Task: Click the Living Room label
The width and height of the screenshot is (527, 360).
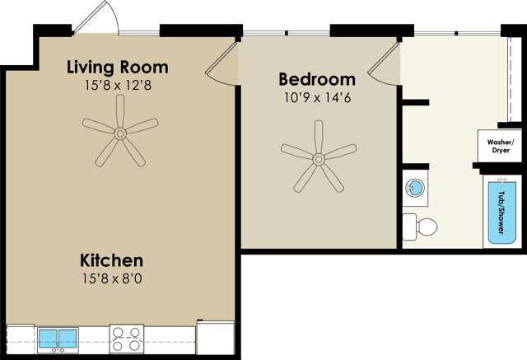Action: point(118,68)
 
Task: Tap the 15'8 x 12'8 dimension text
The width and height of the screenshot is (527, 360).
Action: point(118,86)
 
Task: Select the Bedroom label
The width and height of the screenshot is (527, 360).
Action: point(317,79)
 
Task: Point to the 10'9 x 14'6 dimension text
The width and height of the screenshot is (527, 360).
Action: point(318,98)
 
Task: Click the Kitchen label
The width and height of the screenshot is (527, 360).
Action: point(112,260)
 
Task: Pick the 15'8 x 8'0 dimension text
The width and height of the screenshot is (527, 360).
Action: point(112,278)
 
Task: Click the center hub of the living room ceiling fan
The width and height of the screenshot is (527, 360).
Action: point(120,133)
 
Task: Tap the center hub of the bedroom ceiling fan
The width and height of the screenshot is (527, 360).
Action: point(319,159)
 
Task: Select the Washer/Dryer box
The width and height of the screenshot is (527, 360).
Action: point(500,146)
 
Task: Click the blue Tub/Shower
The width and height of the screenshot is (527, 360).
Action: point(501,213)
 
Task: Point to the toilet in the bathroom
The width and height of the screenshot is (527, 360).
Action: point(419,227)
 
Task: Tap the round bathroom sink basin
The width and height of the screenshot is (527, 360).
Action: point(415,188)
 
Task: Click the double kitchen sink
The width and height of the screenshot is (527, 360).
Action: point(58,339)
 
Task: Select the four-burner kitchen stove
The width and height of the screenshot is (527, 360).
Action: point(126,339)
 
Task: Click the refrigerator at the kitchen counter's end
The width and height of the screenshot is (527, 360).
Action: point(216,338)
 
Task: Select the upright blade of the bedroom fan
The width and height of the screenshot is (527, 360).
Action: point(319,137)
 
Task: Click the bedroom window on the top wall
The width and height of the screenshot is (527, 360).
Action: point(287,33)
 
